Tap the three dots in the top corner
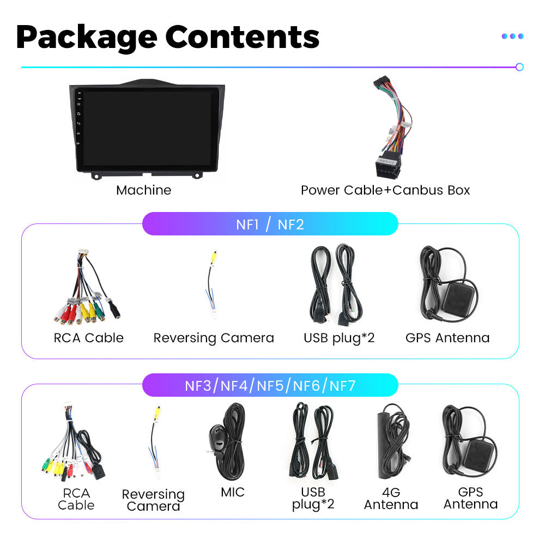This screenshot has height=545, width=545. coord(512,37)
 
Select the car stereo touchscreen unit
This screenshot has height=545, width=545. coord(147,129)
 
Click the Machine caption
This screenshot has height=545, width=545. coord(143,190)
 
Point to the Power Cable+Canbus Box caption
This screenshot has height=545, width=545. coord(385,190)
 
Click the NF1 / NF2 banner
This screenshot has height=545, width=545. coord(270,224)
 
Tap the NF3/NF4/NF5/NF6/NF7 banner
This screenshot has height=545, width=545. coord(270,386)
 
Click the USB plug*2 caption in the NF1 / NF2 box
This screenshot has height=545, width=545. coord(339,338)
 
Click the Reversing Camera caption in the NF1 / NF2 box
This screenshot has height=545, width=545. coord(214,338)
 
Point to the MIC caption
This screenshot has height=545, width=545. coord(233,492)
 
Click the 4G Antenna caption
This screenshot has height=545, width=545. coord(391,499)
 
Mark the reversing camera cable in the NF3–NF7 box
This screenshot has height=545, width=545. coord(154,441)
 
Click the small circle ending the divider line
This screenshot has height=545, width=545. coord(519,67)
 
